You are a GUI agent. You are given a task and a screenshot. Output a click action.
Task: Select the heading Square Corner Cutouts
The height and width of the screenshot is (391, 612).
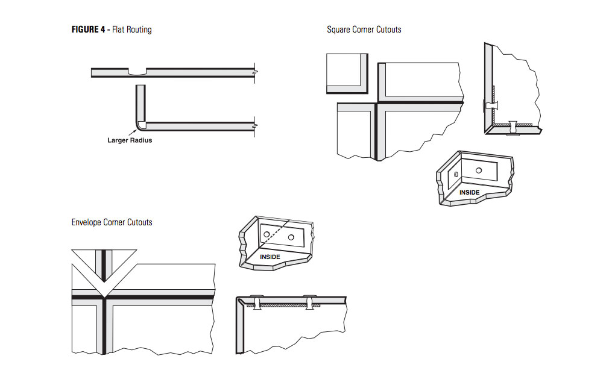(364, 29)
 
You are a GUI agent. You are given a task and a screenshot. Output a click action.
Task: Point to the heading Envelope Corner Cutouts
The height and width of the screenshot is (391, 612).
(112, 222)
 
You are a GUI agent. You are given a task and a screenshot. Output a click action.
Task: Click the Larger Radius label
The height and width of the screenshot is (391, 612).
(130, 140)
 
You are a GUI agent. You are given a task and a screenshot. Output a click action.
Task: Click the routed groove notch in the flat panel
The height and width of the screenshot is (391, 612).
(137, 72)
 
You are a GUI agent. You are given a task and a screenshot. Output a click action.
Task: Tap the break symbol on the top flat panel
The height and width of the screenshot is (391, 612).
(256, 72)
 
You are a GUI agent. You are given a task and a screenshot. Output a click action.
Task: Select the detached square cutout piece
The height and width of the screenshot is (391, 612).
(347, 73)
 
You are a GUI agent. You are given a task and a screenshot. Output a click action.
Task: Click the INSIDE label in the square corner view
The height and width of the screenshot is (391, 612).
(470, 193)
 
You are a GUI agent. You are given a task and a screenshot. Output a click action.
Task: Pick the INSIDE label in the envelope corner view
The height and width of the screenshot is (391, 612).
(270, 257)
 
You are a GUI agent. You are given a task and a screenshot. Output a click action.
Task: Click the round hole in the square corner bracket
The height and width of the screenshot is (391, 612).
(478, 171)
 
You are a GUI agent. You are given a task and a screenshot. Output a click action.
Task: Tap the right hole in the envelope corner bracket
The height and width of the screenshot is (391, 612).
(291, 238)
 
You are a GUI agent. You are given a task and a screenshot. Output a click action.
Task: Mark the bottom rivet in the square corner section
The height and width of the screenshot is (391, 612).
(513, 128)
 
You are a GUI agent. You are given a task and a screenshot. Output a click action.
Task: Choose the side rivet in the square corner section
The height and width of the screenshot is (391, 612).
(490, 105)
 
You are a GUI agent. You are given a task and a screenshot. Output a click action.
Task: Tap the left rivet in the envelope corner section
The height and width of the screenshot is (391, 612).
(256, 302)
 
